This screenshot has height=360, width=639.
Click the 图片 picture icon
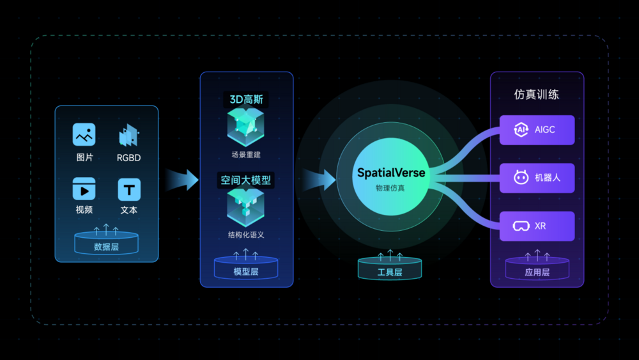tap(84, 134)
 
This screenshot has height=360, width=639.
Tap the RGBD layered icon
tap(129, 135)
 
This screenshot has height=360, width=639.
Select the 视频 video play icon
tap(84, 189)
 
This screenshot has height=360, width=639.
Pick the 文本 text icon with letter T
tap(129, 189)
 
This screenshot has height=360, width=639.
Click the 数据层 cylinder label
tap(106, 247)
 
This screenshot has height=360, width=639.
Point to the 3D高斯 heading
tap(246, 100)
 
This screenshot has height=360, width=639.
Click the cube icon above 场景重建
tap(246, 127)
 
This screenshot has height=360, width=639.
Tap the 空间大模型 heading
tap(246, 180)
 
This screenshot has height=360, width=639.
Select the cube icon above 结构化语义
tap(246, 208)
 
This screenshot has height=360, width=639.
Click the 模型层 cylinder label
tap(246, 272)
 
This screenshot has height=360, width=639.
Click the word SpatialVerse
tap(391, 173)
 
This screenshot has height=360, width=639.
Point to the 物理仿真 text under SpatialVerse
tap(390, 189)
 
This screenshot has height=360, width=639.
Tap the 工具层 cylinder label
tap(390, 272)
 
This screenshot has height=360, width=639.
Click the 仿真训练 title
tap(536, 95)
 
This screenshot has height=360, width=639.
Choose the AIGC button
tap(537, 130)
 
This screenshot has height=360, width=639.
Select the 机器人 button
tap(537, 178)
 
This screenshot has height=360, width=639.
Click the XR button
tap(537, 226)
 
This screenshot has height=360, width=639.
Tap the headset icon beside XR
tap(521, 226)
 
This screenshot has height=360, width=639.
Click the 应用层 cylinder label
tap(537, 272)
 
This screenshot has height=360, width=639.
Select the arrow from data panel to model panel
tap(181, 180)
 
